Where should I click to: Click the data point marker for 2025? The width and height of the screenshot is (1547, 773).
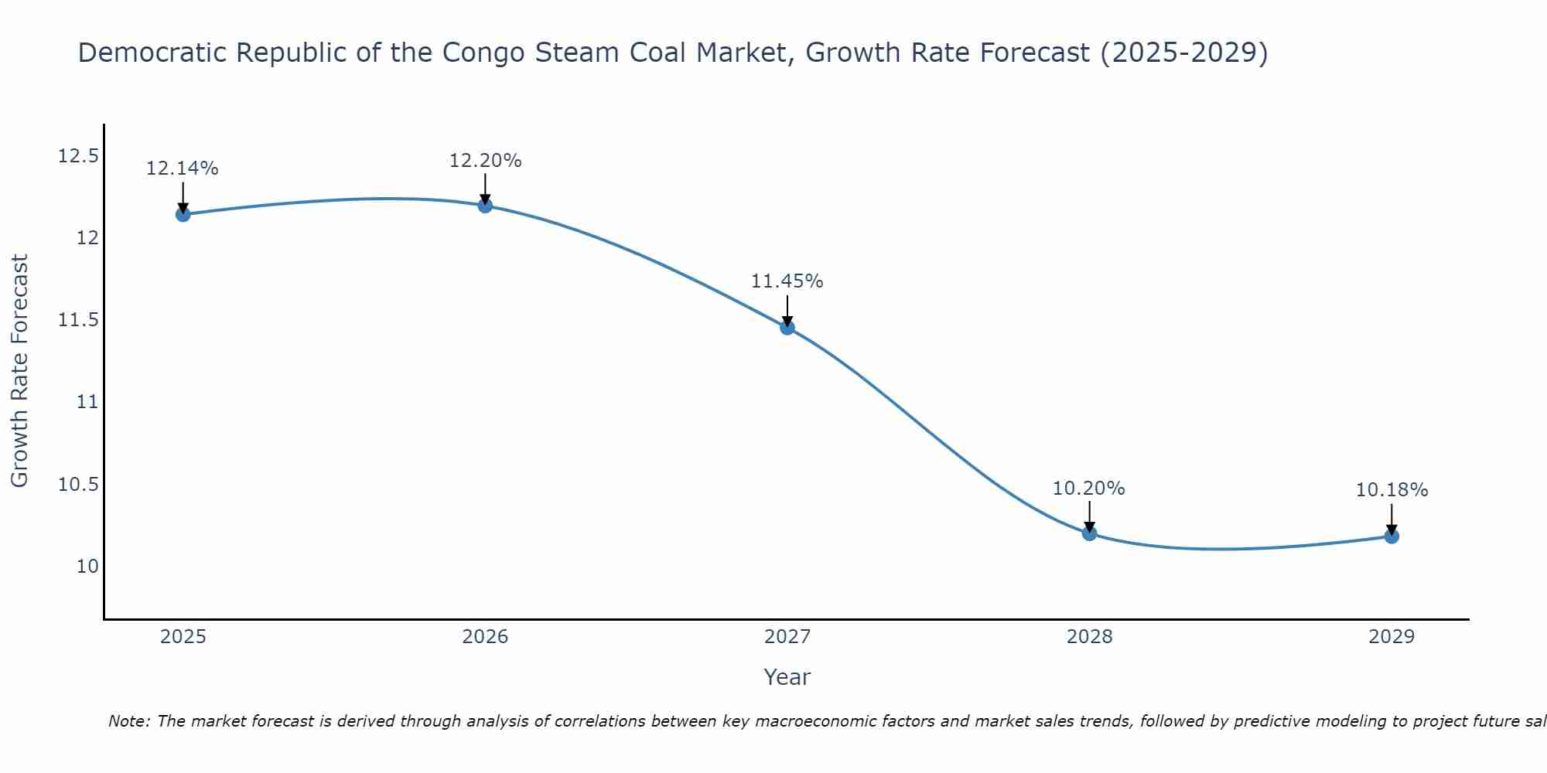(183, 214)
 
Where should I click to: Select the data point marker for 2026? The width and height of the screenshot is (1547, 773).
(485, 205)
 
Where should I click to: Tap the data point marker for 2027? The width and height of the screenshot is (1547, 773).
(787, 328)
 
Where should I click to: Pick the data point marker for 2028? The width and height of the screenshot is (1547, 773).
(1089, 533)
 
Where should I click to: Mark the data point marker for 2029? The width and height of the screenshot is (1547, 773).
(1392, 536)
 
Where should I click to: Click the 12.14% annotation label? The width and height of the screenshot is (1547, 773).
(183, 169)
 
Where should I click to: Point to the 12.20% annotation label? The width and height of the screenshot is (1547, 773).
(485, 161)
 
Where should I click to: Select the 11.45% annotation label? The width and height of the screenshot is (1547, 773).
(787, 281)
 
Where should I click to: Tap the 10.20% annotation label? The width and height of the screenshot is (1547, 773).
(1089, 489)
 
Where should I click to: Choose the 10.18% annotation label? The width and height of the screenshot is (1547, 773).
(1392, 490)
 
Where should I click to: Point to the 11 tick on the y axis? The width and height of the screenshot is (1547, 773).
(87, 402)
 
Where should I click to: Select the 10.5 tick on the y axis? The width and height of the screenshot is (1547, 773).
(78, 485)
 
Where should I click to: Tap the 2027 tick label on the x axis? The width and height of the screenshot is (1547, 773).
(787, 637)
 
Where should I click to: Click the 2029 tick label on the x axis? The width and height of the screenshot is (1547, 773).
(1392, 637)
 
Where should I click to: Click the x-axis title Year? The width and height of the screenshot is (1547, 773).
(787, 677)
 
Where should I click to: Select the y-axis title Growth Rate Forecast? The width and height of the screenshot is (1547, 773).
(19, 371)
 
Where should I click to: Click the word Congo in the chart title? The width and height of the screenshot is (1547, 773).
(477, 53)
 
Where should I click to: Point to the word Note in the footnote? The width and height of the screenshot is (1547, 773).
(128, 721)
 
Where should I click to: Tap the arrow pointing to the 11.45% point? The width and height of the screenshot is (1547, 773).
(787, 311)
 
